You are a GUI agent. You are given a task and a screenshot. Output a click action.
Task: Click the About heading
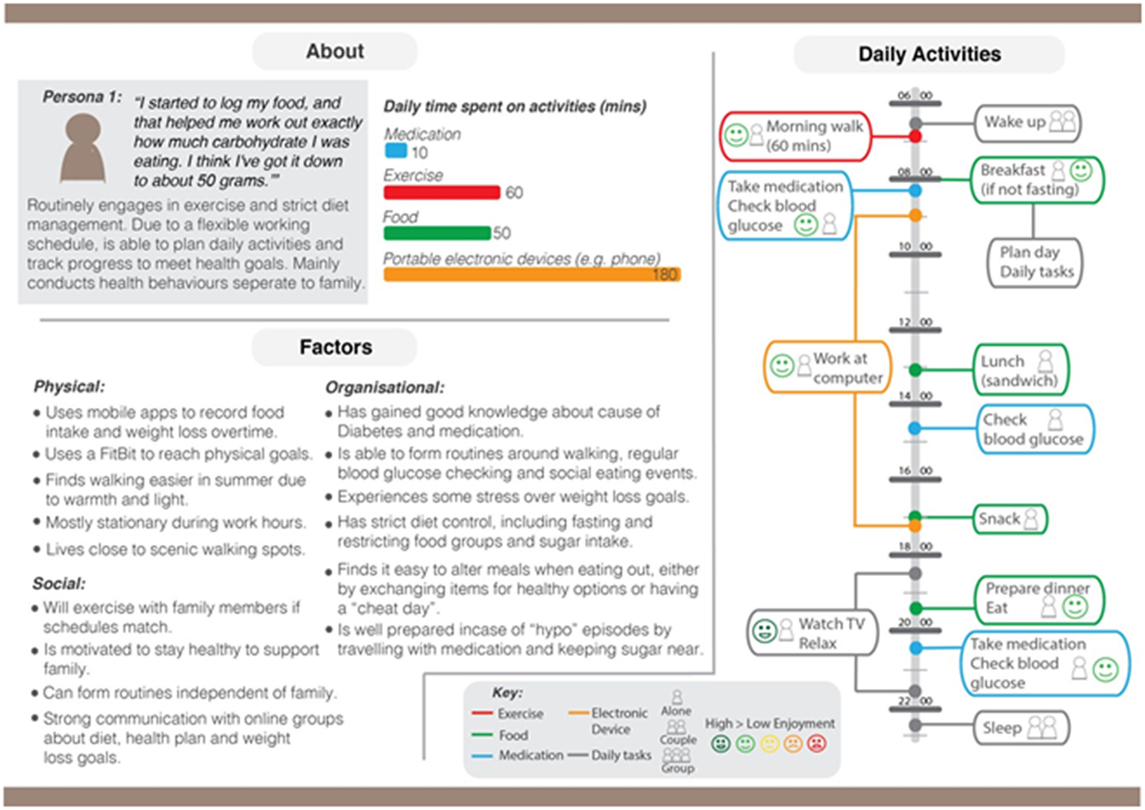(335, 51)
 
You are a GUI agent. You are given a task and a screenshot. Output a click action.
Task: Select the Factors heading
(335, 347)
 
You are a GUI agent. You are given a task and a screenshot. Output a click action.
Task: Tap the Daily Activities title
(929, 54)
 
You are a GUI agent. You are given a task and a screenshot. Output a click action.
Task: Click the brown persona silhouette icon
(83, 148)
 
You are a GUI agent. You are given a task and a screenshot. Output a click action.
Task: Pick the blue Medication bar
(395, 151)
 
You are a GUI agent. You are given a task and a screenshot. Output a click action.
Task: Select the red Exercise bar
(442, 192)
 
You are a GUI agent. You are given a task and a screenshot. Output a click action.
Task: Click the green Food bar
(437, 233)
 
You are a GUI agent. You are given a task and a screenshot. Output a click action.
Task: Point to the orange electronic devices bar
(531, 274)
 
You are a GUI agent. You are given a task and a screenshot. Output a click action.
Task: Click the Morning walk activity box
(795, 136)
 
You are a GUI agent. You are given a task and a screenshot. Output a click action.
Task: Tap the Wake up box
(1027, 123)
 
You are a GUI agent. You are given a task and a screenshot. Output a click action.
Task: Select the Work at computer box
(827, 368)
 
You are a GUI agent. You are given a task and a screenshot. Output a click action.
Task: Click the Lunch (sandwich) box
(1020, 370)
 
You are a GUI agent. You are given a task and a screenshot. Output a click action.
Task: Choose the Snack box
(1009, 519)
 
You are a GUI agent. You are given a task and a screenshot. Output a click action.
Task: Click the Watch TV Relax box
(813, 633)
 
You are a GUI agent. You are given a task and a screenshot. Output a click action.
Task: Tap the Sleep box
(1021, 728)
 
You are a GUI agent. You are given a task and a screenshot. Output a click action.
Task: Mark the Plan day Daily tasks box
(1035, 262)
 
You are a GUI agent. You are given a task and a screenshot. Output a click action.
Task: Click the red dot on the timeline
(915, 136)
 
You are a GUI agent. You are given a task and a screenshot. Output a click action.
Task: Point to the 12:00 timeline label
(915, 322)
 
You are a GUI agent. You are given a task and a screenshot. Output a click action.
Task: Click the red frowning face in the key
(817, 744)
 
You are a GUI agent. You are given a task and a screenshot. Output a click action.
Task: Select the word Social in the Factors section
(59, 584)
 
